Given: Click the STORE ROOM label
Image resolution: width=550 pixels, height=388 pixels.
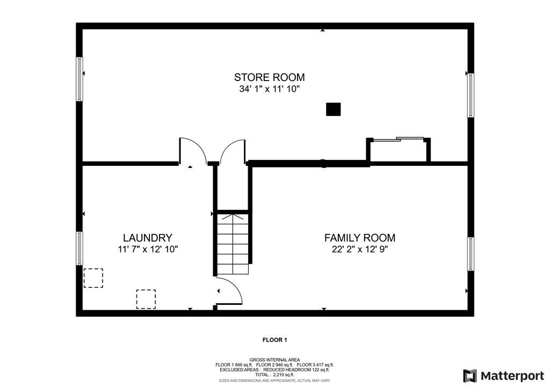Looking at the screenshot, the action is [x=270, y=77].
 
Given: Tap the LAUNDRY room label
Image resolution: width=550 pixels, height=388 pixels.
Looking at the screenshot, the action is [x=148, y=238].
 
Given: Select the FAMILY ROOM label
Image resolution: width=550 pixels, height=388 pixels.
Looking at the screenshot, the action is [x=359, y=238].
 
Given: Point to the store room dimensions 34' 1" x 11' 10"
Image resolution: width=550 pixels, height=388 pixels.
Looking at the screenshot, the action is [x=270, y=89].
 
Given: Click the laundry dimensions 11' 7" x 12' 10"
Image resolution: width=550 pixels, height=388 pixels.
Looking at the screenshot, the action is [x=148, y=250].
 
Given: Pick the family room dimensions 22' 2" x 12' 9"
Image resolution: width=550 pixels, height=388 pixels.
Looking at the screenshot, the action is [x=359, y=250].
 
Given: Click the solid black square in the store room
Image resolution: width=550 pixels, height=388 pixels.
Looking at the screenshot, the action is [x=333, y=109].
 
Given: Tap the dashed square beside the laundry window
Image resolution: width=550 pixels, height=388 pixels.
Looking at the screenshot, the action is [x=93, y=278].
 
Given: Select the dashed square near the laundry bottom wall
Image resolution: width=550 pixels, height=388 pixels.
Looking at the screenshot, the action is [x=146, y=299].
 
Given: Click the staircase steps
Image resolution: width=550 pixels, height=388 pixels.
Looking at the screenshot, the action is [x=233, y=244].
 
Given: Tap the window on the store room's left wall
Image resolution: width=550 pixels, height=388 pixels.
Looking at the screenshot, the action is [x=79, y=79].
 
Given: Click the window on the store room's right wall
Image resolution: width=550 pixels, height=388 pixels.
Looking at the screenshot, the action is [x=471, y=95].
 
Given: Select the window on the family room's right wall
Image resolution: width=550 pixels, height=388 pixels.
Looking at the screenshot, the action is [x=471, y=254].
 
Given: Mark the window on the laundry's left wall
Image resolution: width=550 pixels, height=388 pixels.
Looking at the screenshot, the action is [x=79, y=248].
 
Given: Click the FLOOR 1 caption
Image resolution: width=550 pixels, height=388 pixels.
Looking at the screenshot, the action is [x=274, y=340].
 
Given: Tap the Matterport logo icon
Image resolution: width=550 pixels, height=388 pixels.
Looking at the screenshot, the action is [x=469, y=376].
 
